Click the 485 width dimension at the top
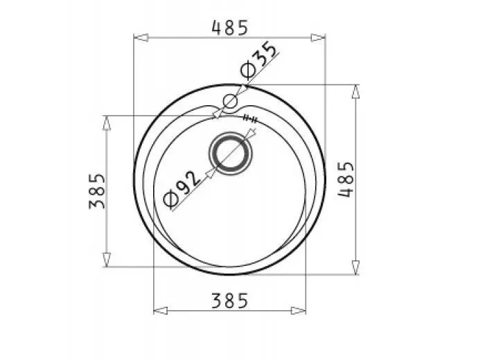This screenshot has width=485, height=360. [229, 28]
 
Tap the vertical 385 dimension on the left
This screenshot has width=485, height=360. [97, 190]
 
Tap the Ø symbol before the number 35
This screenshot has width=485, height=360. [247, 71]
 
